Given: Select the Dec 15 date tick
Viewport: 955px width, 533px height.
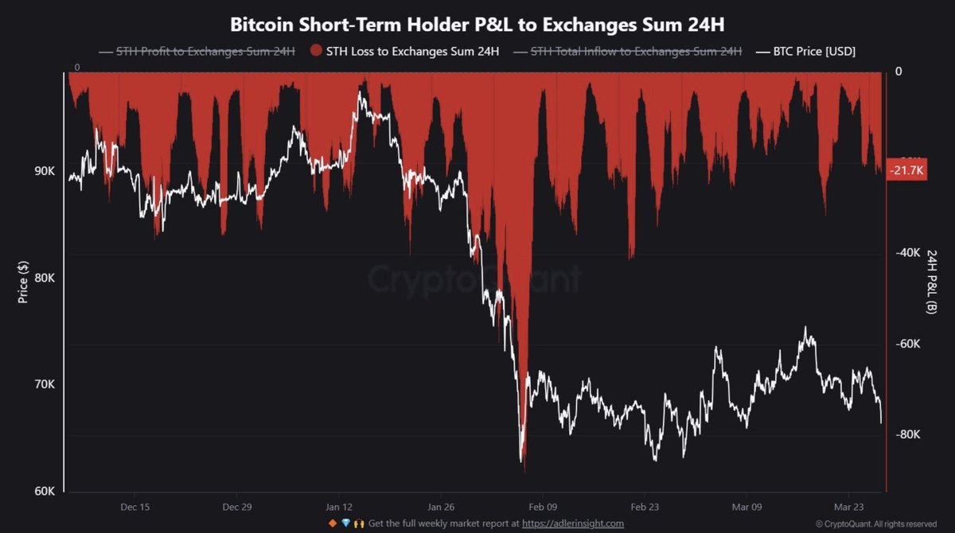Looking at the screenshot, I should (x=135, y=507).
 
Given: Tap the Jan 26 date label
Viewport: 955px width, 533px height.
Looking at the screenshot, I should (x=441, y=507).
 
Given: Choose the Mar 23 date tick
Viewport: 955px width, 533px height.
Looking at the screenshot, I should (x=848, y=507).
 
